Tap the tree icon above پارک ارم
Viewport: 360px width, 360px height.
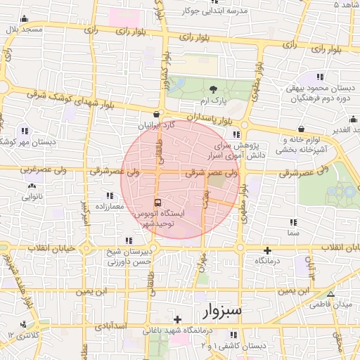(213, 89)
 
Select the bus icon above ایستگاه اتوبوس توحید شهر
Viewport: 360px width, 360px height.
(155, 200)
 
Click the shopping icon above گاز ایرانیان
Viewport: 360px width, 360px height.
(156, 114)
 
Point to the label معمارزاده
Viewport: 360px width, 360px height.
(107, 206)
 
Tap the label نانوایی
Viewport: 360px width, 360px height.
(31, 197)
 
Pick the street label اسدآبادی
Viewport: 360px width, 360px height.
(109, 326)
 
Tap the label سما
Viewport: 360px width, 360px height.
(293, 231)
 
